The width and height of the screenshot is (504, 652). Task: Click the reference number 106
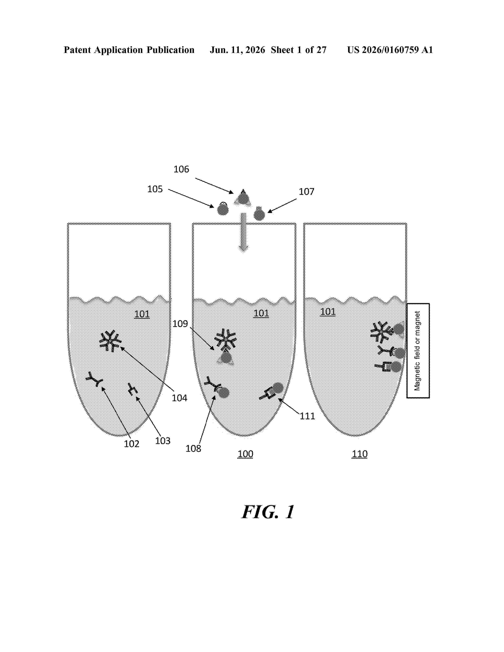(x=181, y=169)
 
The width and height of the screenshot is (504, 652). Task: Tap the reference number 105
(x=155, y=189)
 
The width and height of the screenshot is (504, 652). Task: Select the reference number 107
(x=306, y=192)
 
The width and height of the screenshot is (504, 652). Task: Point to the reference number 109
(x=180, y=324)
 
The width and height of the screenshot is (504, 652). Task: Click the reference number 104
(x=179, y=398)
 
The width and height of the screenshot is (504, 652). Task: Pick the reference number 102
(x=132, y=444)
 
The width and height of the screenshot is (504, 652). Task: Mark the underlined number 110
(x=360, y=454)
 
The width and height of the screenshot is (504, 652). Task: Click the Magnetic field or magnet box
(x=418, y=351)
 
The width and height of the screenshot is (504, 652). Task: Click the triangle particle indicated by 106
(x=243, y=198)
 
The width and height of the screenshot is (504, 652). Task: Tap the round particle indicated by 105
(x=223, y=209)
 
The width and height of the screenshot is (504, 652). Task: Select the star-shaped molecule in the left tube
(x=110, y=341)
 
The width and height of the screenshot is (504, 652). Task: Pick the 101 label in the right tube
(x=328, y=312)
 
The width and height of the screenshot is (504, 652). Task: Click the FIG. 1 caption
(x=268, y=512)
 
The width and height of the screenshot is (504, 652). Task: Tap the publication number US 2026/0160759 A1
(x=390, y=50)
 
